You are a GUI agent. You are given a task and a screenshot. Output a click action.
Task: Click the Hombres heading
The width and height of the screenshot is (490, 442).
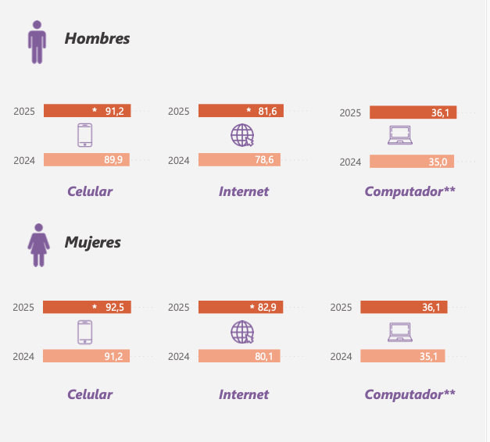tap(97, 38)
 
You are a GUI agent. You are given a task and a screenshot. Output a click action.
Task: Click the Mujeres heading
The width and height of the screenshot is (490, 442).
tap(92, 242)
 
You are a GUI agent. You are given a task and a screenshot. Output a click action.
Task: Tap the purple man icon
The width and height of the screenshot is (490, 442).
tap(37, 42)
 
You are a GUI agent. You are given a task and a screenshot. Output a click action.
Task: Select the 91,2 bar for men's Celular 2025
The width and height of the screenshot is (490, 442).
tap(87, 111)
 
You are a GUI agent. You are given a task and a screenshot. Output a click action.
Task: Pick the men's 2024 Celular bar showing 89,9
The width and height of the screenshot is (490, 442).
tap(87, 160)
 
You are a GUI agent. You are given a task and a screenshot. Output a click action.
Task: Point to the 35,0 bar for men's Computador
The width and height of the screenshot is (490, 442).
tap(411, 162)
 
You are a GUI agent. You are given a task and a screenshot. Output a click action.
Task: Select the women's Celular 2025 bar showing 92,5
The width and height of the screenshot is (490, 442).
tap(87, 307)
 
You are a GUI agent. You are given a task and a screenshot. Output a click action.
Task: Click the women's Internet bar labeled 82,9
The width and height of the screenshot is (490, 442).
tap(241, 307)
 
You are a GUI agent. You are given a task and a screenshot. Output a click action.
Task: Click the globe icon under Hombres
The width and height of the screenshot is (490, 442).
tap(242, 136)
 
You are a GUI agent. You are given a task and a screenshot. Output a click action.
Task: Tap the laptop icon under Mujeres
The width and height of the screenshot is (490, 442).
tap(400, 333)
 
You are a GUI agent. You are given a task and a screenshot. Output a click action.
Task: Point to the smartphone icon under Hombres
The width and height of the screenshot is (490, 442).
tap(85, 136)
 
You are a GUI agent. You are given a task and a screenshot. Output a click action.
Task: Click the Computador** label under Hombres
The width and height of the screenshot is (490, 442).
tap(410, 191)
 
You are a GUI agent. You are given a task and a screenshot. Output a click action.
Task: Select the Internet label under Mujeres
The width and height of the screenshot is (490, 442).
tap(244, 394)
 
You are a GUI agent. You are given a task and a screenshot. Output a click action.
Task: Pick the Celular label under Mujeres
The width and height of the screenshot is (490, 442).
tap(90, 394)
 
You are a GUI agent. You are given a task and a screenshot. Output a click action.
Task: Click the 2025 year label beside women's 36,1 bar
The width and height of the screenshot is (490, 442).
tap(342, 308)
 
